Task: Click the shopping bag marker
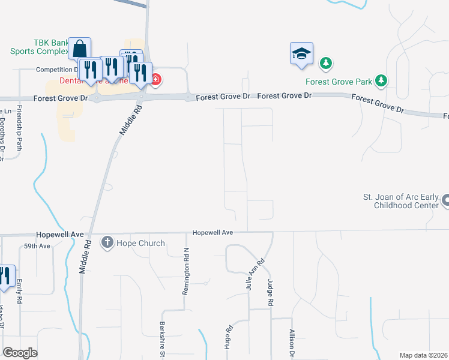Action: click(x=79, y=48)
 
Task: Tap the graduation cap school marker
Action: click(x=301, y=53)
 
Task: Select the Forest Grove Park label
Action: click(x=339, y=81)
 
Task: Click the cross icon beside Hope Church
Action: click(x=107, y=243)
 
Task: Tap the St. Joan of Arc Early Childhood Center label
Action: click(x=400, y=200)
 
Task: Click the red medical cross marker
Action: click(x=155, y=79)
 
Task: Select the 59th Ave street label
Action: click(x=37, y=246)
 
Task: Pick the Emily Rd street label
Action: click(x=20, y=290)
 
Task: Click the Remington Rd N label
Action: click(x=185, y=271)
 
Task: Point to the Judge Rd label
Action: click(x=271, y=294)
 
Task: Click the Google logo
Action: click(x=20, y=353)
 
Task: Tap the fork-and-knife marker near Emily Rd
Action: click(x=5, y=276)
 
